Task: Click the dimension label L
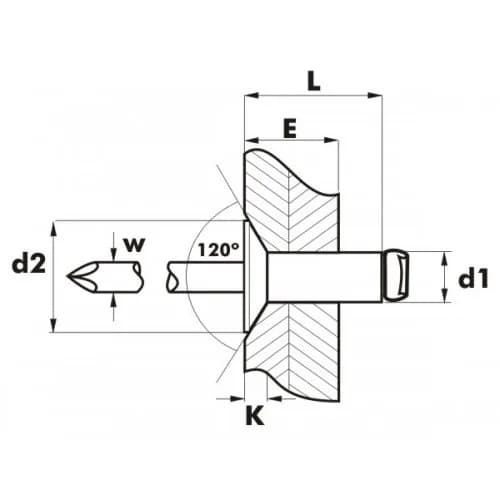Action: click(314, 81)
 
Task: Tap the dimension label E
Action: click(290, 128)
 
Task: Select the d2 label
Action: click(29, 264)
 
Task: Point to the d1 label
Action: click(473, 279)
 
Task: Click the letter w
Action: click(135, 245)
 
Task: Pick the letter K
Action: click(255, 415)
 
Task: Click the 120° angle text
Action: click(218, 249)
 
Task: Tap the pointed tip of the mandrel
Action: click(67, 276)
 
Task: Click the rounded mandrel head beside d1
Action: click(396, 276)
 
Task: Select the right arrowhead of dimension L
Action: click(375, 96)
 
